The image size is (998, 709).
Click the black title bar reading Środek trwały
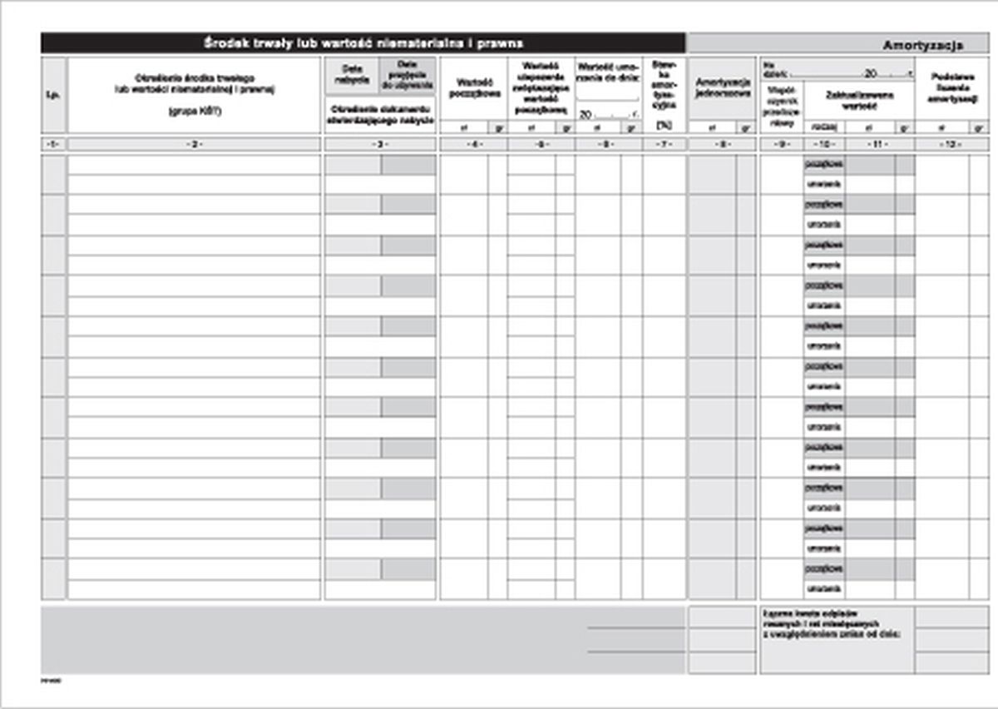coord(363,42)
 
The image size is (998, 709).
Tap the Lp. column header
coord(53,95)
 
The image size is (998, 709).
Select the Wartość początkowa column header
coord(472,88)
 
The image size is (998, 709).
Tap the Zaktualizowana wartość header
coord(859,100)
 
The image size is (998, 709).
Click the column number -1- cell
coord(53,145)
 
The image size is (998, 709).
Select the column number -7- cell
coord(664,145)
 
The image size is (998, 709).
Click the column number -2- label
coord(194,145)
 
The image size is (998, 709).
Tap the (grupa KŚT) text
coord(194,110)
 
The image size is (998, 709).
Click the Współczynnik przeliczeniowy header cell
coord(781,104)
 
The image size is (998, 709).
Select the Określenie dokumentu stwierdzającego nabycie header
coord(380,115)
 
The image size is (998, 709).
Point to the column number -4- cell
coord(472,145)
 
